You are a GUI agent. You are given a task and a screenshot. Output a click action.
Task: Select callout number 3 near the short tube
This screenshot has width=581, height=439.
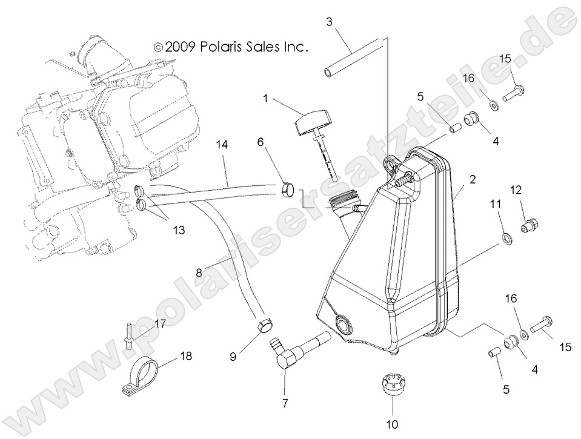(x=329, y=22)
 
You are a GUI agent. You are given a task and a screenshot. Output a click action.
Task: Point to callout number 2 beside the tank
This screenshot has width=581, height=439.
(x=472, y=179)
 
